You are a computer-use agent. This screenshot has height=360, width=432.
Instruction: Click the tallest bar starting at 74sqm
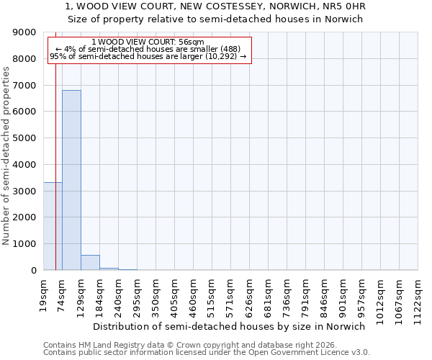click(x=71, y=180)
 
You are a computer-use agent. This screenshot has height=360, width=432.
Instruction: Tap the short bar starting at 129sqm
click(x=90, y=263)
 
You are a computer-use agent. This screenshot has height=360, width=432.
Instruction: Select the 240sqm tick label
click(x=119, y=294)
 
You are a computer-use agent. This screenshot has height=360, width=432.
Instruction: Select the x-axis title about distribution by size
click(x=230, y=326)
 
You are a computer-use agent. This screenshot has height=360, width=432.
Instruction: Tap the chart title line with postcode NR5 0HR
click(x=216, y=7)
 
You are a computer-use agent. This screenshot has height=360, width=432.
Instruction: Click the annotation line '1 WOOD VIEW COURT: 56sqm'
click(x=148, y=42)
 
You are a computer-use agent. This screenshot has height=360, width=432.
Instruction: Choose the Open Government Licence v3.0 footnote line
click(x=207, y=353)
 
